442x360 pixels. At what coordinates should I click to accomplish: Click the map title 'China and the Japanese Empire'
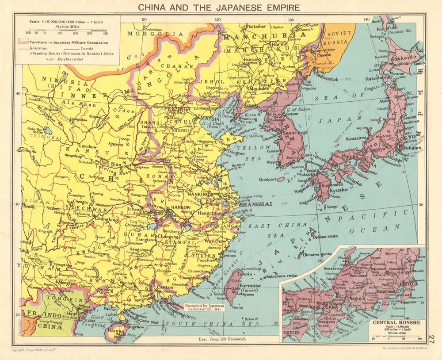(219, 7)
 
